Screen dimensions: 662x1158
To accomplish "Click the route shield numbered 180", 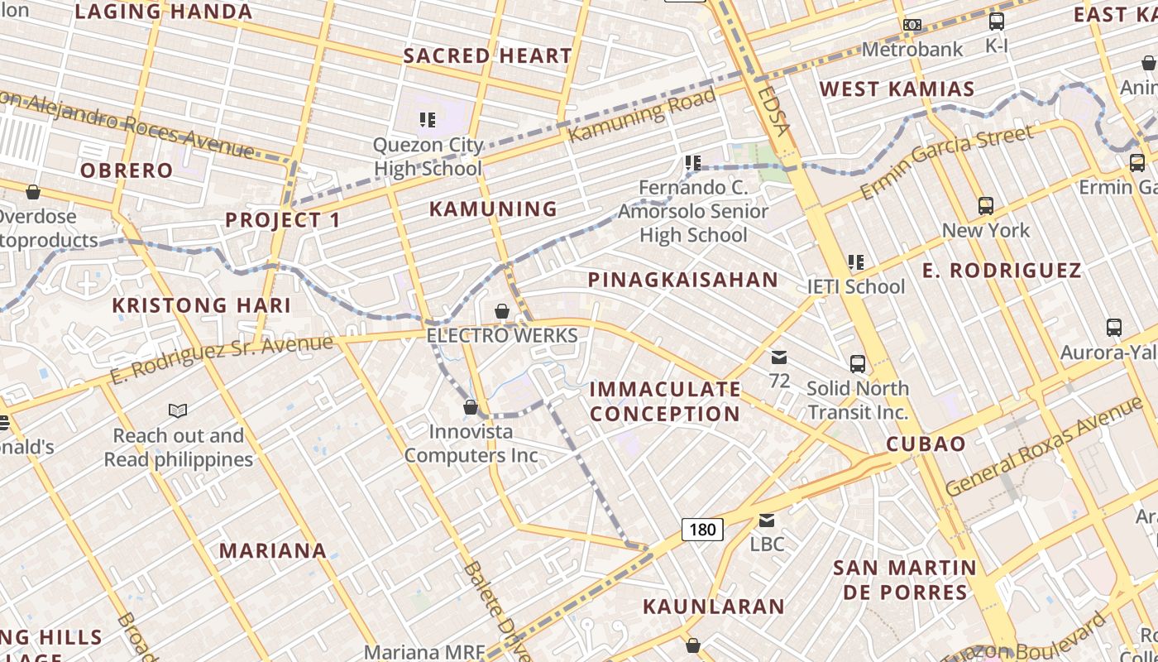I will (702, 529).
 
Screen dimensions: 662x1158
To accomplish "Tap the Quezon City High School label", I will (428, 156).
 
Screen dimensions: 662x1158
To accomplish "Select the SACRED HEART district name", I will (487, 56).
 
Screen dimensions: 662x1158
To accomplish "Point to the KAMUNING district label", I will (493, 209).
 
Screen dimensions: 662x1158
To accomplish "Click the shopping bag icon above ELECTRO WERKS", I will (502, 311).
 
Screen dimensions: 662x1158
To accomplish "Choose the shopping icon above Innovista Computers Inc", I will (471, 407).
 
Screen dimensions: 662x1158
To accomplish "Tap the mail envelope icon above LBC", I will (767, 520).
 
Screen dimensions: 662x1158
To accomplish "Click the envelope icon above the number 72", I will (779, 357).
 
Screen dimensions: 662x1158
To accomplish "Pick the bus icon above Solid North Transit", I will (858, 363).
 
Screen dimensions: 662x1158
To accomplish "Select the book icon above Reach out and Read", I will (178, 410).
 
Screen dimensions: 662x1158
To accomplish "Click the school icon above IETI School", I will (856, 263).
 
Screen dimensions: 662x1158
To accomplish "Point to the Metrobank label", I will (912, 50).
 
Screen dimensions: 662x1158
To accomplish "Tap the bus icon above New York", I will (985, 205).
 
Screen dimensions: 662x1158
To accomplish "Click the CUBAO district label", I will (926, 444).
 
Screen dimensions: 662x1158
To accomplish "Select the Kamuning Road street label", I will (643, 114).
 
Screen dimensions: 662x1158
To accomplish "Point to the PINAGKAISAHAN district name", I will (683, 280).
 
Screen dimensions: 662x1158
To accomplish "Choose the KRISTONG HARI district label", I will (202, 305).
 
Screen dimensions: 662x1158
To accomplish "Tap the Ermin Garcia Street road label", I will (947, 161).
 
